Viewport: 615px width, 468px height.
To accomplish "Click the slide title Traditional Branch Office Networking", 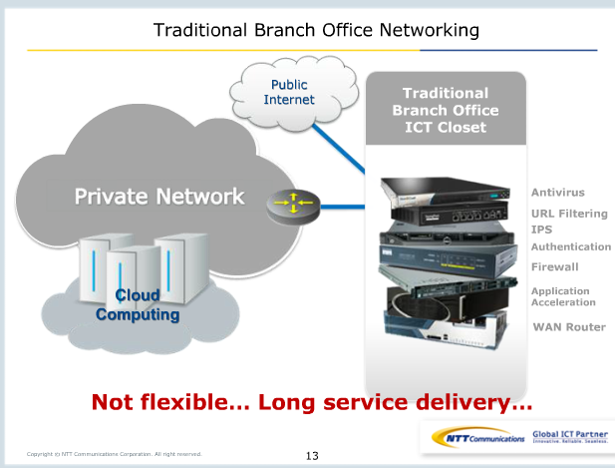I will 316,30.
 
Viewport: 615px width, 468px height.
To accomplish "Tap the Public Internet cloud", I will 288,93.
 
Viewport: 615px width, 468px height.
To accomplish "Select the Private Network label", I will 159,196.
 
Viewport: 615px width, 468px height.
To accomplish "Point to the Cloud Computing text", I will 138,304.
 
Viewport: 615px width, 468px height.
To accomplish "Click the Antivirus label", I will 557,192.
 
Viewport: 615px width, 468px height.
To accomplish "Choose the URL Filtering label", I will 568,214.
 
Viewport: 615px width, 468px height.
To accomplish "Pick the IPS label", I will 541,230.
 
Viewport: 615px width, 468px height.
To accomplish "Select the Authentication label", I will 570,246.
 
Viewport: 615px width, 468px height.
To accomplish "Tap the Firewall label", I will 554,266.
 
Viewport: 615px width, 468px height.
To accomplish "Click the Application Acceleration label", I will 563,296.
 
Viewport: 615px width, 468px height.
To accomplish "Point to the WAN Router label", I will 569,326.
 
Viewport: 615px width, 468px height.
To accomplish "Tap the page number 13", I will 312,456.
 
